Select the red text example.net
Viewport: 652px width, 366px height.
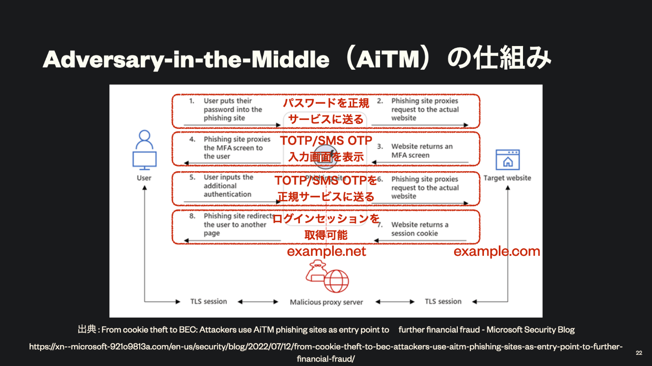326,252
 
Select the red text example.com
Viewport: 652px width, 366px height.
497,252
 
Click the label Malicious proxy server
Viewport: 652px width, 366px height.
326,302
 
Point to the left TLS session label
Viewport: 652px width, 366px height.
209,301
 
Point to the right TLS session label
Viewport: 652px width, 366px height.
443,301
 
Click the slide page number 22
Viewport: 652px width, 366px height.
638,353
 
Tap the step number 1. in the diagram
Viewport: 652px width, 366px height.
191,101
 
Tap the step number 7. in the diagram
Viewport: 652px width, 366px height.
380,225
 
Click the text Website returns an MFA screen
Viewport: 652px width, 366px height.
422,151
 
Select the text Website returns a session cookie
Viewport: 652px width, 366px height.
420,229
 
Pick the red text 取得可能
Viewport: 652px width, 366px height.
326,235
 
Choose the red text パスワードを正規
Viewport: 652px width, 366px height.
326,103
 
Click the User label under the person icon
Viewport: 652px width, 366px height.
144,178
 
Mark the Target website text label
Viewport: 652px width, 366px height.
507,178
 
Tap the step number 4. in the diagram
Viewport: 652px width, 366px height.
191,139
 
